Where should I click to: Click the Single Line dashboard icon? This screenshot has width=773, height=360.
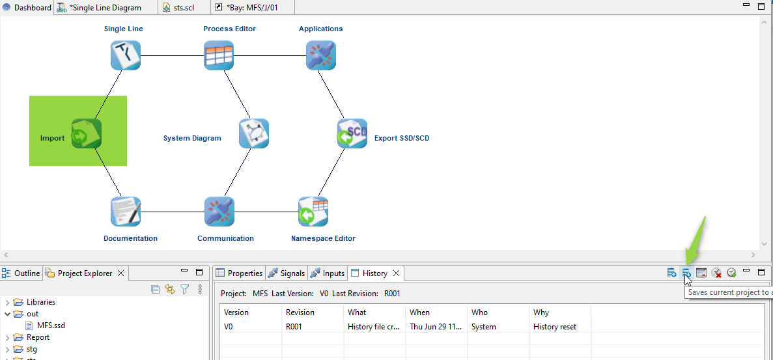[126, 55]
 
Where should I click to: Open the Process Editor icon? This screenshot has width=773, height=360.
[219, 55]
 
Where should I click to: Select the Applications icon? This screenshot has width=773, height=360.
[320, 55]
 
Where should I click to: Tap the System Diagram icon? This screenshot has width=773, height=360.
[253, 133]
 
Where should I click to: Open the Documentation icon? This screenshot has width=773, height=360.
[126, 212]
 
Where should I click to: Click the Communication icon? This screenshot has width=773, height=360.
[219, 212]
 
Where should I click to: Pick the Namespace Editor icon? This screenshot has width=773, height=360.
[313, 212]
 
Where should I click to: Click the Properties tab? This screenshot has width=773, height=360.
[239, 273]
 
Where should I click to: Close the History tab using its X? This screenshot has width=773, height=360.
[396, 273]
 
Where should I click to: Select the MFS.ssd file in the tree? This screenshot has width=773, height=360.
[51, 325]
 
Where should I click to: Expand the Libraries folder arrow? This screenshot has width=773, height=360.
[7, 302]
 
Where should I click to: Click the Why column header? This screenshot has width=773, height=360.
[541, 312]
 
